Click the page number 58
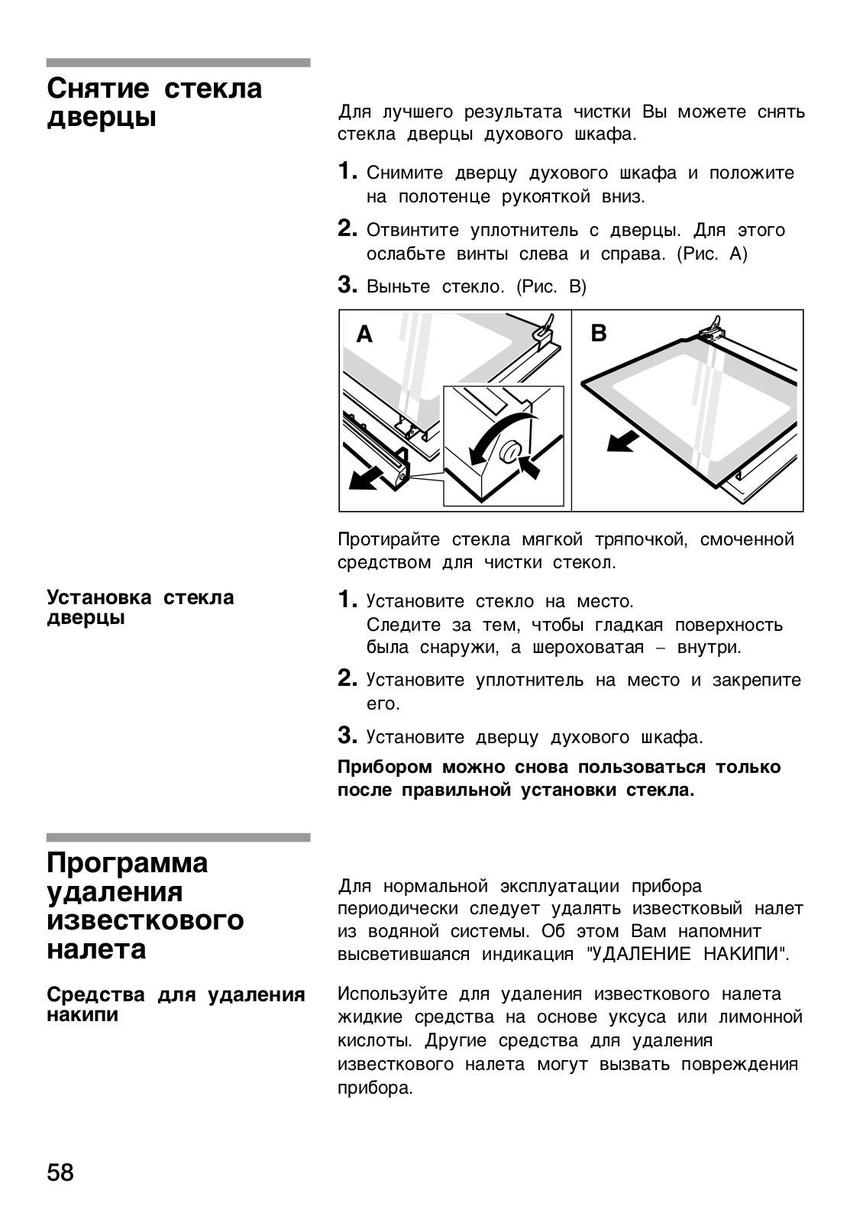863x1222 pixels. [x=61, y=1172]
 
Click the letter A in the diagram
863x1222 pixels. [x=365, y=335]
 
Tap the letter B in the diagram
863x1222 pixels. [x=599, y=333]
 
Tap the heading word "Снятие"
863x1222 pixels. [x=99, y=89]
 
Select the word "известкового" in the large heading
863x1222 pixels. [x=146, y=920]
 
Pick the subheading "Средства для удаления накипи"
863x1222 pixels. [x=176, y=1004]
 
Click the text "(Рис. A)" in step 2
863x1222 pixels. [x=712, y=254]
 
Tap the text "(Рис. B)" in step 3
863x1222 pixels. [x=551, y=287]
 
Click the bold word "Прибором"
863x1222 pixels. [x=384, y=767]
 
